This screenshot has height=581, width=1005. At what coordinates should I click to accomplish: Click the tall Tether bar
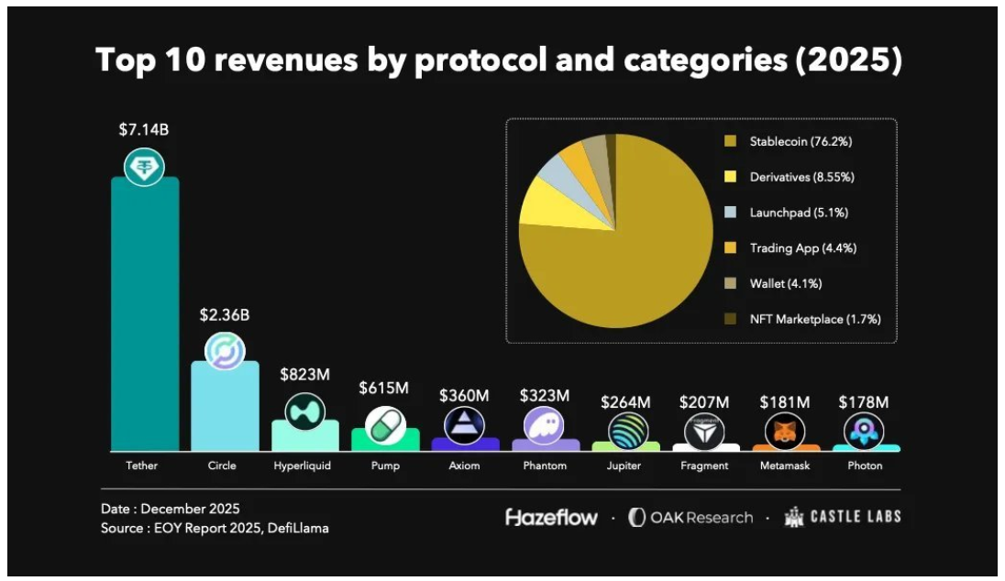144,316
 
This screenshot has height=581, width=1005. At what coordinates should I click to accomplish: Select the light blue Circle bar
224,408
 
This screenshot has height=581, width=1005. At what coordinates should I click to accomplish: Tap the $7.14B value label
144,129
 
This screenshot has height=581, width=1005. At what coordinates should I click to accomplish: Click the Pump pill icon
385,425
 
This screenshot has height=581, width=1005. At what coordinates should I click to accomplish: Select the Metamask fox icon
785,431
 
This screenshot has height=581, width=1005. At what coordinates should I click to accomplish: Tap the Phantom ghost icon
545,425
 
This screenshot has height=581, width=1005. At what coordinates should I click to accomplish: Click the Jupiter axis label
624,466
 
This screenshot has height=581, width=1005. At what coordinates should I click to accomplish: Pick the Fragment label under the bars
704,466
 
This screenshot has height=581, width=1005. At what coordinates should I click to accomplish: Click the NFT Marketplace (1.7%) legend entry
814,319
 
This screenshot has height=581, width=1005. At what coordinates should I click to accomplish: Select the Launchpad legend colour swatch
731,213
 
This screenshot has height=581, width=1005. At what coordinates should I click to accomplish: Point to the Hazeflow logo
552,518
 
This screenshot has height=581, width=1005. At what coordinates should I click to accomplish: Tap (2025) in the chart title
850,60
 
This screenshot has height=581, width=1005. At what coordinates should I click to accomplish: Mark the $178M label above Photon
864,401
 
